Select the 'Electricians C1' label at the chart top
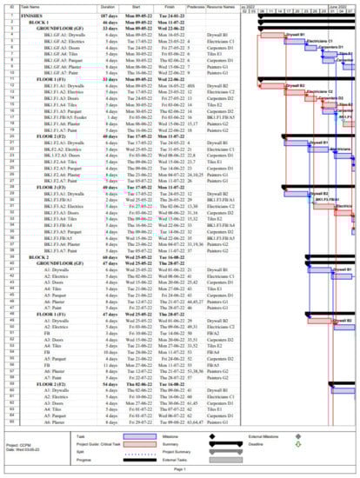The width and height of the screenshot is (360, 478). [318, 41]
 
